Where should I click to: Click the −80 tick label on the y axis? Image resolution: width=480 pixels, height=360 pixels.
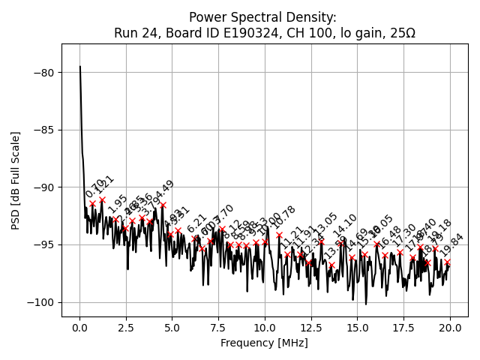[x=43, y=73]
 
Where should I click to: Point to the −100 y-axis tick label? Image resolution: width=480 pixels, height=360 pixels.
[x=40, y=302]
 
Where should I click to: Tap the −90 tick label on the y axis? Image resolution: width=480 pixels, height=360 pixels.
[x=43, y=187]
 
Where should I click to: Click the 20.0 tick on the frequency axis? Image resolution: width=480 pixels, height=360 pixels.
[x=450, y=328]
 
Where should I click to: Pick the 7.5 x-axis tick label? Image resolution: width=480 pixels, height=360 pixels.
[x=218, y=328]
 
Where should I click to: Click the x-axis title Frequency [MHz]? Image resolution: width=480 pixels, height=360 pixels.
[x=264, y=343]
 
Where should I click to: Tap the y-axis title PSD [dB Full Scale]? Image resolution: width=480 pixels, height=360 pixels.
[x=16, y=180]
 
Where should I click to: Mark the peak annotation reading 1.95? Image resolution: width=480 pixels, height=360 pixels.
[x=117, y=204]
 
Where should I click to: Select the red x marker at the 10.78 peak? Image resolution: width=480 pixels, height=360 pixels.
[x=279, y=235]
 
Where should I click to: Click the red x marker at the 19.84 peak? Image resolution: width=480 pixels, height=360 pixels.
[x=448, y=262]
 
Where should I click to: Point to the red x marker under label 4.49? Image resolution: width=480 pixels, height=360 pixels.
[x=163, y=205]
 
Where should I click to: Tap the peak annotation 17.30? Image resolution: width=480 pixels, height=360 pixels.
[x=405, y=235]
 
